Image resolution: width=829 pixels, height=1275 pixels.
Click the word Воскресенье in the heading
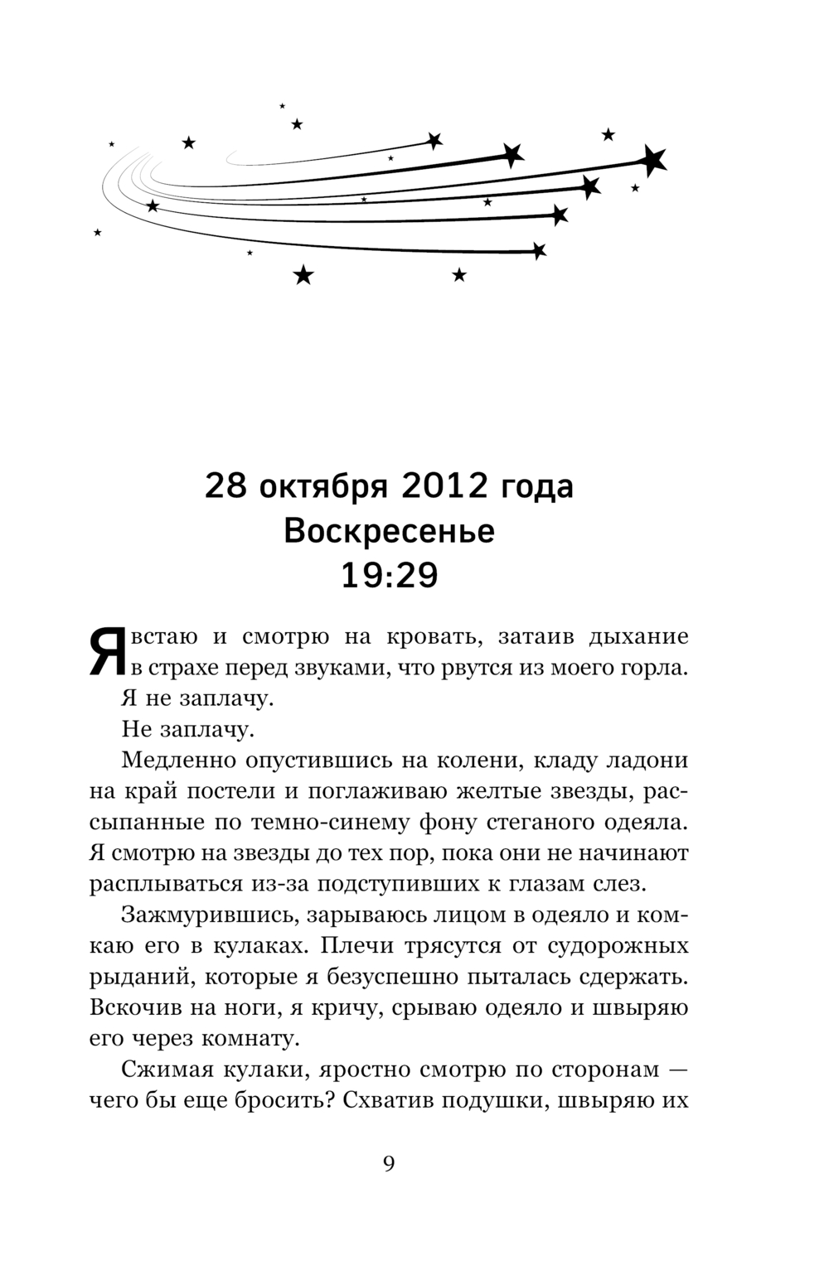(x=389, y=531)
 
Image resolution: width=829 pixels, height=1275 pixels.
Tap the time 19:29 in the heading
(x=389, y=575)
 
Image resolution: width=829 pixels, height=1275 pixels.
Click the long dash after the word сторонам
(x=676, y=1070)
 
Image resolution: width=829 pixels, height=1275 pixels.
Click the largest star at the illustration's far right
(x=653, y=159)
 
